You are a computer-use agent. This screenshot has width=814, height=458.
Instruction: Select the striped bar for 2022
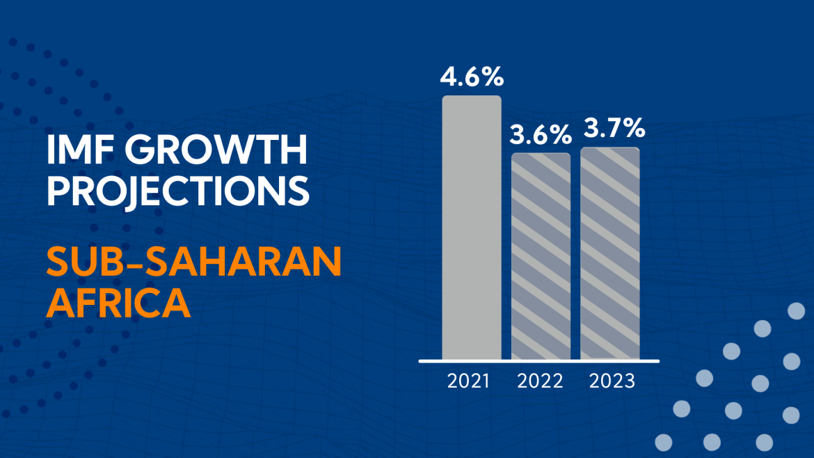(541, 255)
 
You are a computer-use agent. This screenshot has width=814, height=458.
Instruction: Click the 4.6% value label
(472, 76)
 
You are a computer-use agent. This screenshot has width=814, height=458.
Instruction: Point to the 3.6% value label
(541, 134)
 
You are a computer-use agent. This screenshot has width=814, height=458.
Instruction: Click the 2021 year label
(468, 381)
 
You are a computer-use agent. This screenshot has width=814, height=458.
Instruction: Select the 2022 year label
(541, 381)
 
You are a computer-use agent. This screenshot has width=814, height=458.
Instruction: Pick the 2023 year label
(612, 381)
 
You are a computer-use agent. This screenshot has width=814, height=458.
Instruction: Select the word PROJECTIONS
(177, 189)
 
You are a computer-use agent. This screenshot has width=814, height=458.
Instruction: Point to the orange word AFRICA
(118, 303)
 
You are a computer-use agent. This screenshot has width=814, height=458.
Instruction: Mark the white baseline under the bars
(538, 361)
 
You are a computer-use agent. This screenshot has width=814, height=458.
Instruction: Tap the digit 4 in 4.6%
(449, 76)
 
